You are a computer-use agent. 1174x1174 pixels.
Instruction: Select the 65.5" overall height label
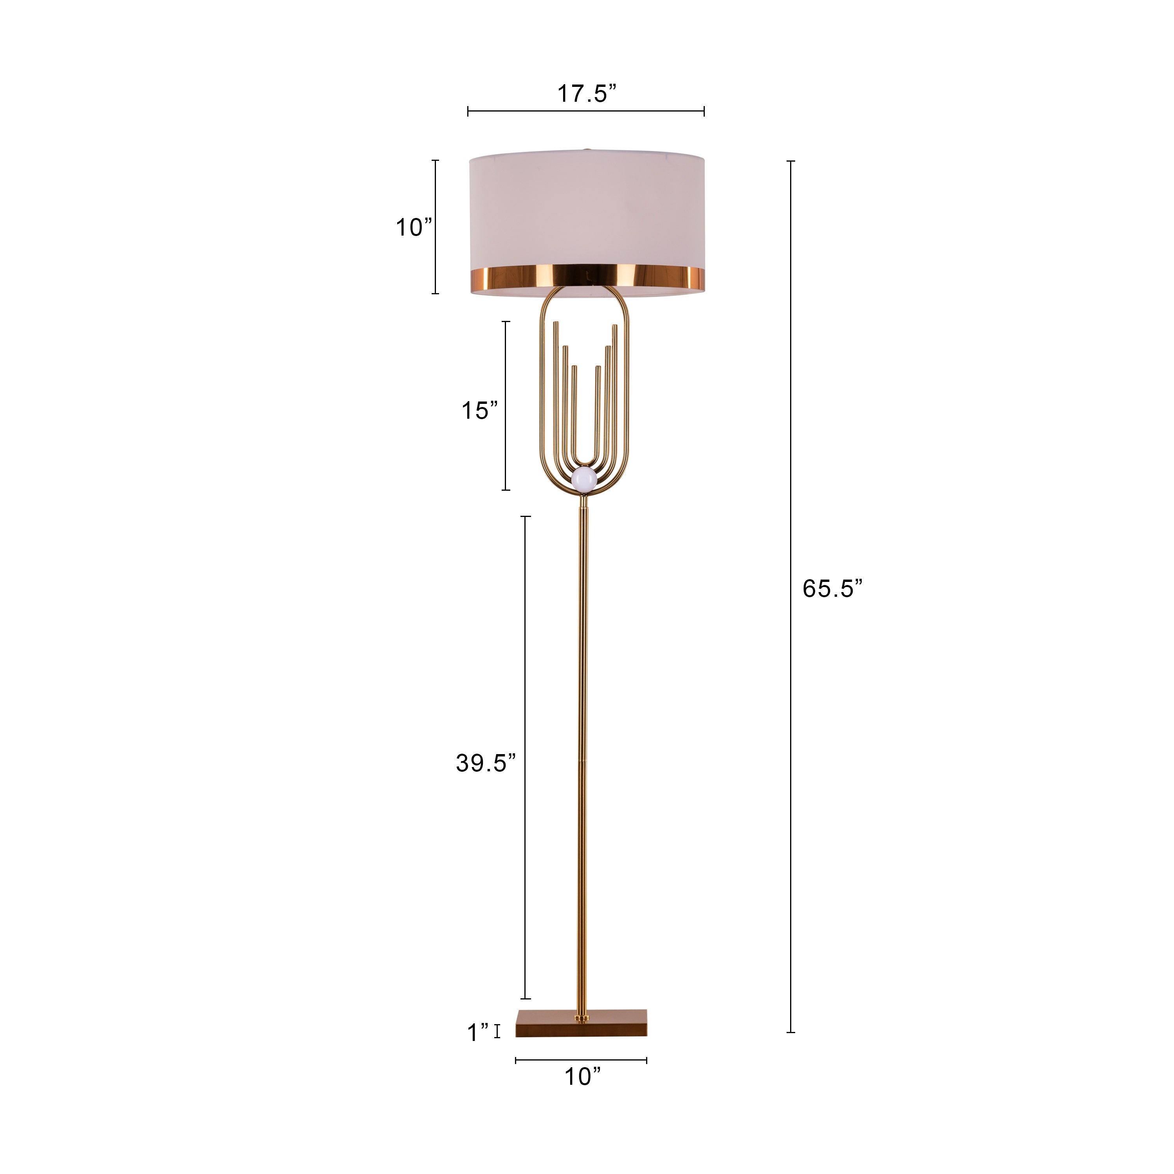832,588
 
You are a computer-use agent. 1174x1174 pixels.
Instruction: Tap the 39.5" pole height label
486,763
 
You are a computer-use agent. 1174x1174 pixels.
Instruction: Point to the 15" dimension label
479,411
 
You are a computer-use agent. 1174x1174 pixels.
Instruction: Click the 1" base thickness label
477,1032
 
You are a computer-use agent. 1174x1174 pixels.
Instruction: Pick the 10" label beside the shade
414,228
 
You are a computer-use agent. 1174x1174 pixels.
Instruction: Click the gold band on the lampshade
587,277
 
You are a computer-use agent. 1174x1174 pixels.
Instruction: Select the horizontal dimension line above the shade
586,111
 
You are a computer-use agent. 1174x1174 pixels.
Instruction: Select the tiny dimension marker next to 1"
497,1031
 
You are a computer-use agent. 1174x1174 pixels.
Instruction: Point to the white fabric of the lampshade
587,212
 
